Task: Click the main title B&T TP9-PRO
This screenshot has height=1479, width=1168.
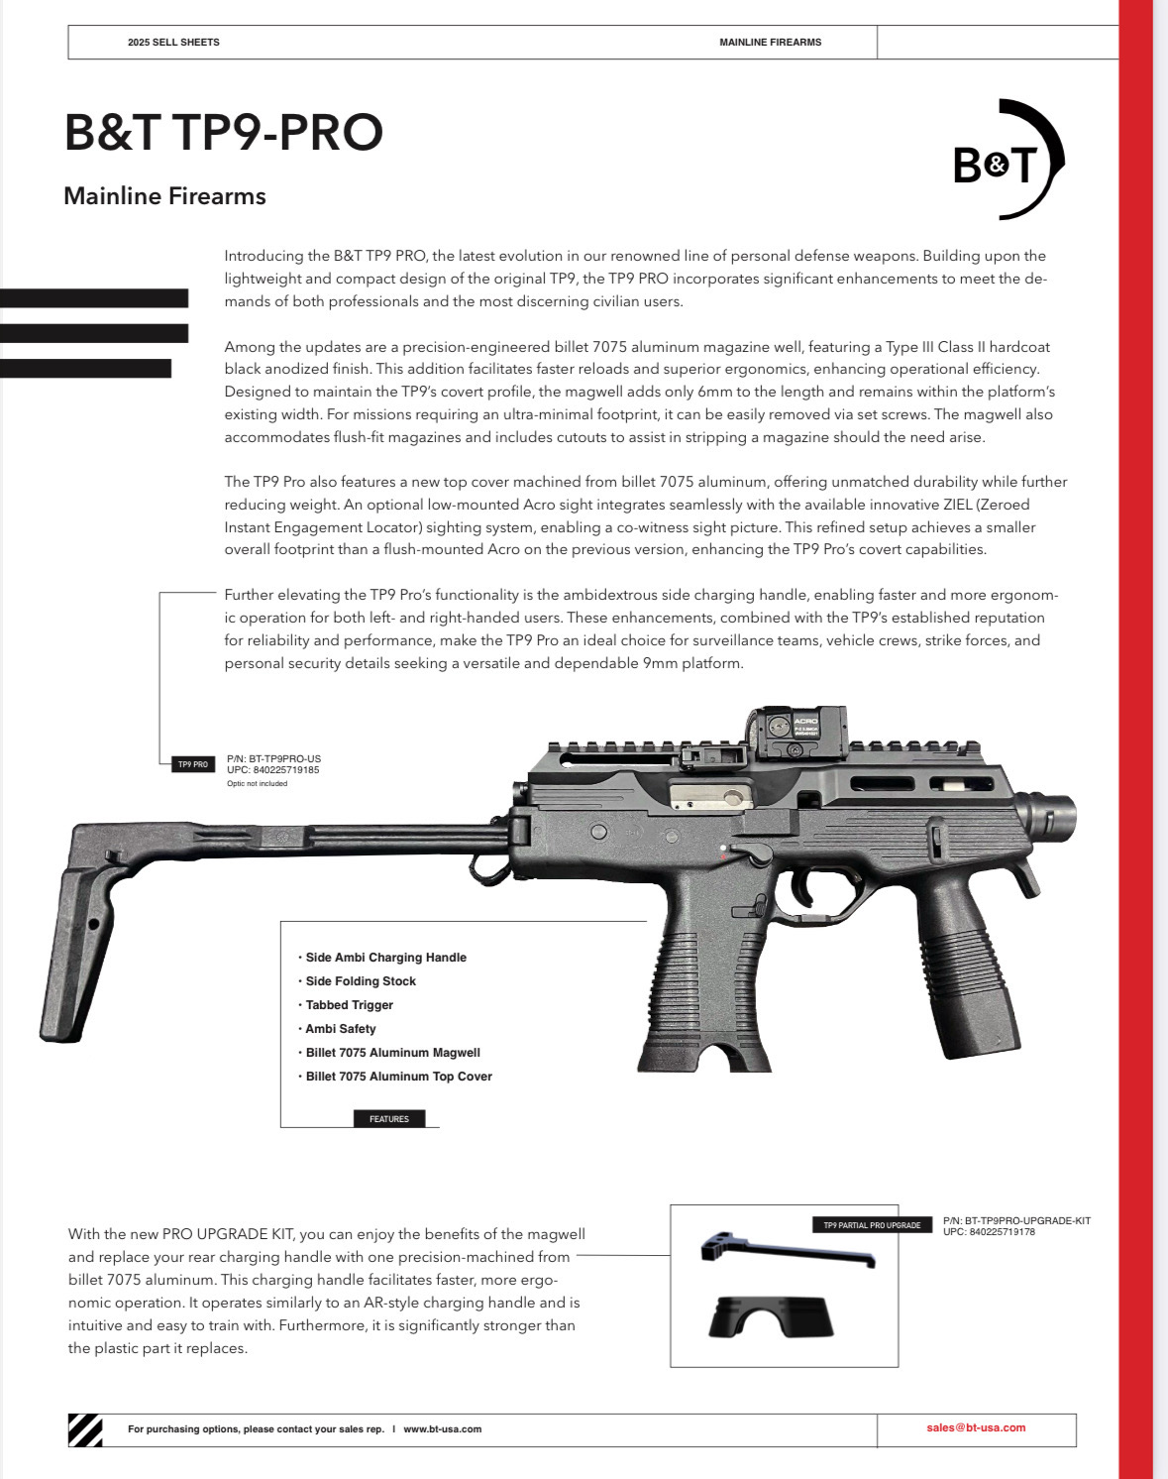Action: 223,132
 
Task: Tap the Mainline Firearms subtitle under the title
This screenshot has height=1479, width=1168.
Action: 164,196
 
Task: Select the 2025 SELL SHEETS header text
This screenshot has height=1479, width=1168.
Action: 173,43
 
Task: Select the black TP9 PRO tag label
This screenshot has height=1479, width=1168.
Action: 192,764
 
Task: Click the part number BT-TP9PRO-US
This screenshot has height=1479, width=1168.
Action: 273,759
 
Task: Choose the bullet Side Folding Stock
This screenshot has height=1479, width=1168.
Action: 360,981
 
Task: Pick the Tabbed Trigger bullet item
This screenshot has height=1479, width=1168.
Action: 349,1005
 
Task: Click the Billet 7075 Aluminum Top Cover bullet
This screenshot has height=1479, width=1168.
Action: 398,1077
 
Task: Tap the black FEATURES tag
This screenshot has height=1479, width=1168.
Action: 389,1119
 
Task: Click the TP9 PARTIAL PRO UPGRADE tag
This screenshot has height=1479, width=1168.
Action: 872,1225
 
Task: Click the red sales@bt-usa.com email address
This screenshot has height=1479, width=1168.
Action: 976,1427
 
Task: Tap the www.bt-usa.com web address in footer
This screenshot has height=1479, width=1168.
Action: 442,1428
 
